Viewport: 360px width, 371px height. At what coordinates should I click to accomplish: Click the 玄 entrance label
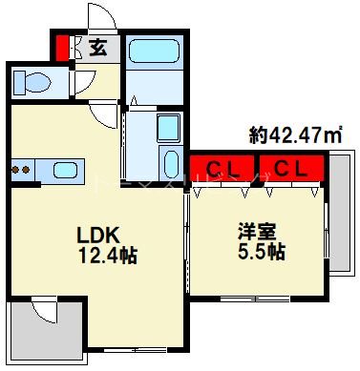tap(98, 46)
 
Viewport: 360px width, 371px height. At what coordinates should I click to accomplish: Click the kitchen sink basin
tap(65, 171)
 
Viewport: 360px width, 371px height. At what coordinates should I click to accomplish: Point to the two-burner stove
tap(20, 171)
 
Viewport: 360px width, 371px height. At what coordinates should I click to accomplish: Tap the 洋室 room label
tap(254, 232)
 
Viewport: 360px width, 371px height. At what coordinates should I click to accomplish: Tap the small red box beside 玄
tap(62, 47)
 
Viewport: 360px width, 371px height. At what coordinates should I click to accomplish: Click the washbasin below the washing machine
tap(168, 158)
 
